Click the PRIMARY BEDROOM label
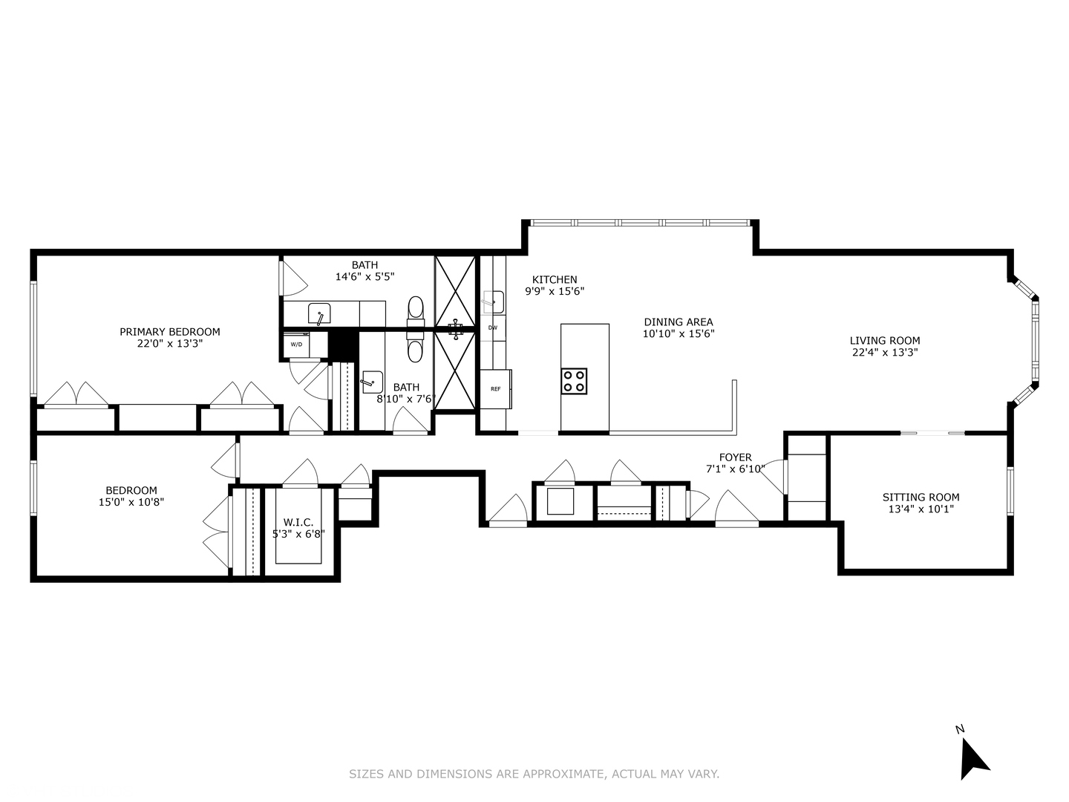pyautogui.click(x=170, y=332)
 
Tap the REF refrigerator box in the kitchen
pyautogui.click(x=495, y=389)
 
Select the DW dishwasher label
pyautogui.click(x=492, y=327)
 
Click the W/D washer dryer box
pyautogui.click(x=296, y=345)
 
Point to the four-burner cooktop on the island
pyautogui.click(x=574, y=381)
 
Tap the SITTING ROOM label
pyautogui.click(x=921, y=498)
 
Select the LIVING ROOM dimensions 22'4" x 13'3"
pyautogui.click(x=885, y=353)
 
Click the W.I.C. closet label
pyautogui.click(x=298, y=522)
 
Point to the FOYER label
pyautogui.click(x=735, y=457)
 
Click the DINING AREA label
pyautogui.click(x=678, y=322)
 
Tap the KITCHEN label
pyautogui.click(x=555, y=280)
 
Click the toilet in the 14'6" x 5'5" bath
pyautogui.click(x=416, y=308)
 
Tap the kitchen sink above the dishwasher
pyautogui.click(x=493, y=301)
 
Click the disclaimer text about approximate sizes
pyautogui.click(x=534, y=774)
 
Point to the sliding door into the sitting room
pyautogui.click(x=932, y=433)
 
